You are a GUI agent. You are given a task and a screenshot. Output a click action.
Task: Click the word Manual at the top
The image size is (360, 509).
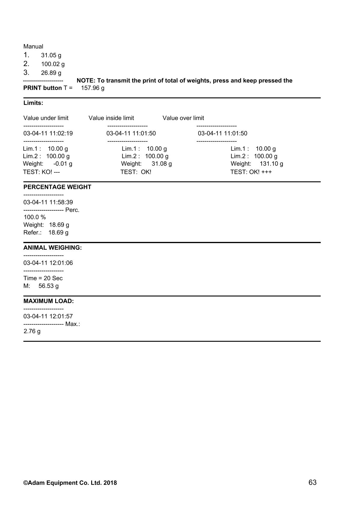pos(33,46)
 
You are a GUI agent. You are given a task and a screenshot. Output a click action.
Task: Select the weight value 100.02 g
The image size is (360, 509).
pos(53,64)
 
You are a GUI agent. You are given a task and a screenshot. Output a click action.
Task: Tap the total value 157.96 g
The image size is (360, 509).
pos(93,88)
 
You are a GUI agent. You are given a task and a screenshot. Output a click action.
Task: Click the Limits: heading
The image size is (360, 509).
pos(33,103)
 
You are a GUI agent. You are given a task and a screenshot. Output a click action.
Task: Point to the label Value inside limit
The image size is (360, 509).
pos(111,118)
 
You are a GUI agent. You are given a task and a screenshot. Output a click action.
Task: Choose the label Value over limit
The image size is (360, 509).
pos(183,118)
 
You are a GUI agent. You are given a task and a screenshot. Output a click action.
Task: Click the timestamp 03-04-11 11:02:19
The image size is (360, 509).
pos(48,133)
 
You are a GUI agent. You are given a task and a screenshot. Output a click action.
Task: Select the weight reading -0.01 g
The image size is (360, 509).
pos(63,164)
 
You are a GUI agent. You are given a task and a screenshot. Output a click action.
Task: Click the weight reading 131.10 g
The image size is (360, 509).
pos(271,164)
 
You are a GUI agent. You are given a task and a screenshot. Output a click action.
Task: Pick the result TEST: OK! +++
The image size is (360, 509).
pos(251,172)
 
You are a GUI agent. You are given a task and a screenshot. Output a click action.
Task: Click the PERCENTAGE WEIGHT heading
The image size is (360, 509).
pos(57,187)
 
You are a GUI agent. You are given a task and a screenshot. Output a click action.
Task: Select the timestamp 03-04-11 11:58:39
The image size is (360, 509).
pos(48,202)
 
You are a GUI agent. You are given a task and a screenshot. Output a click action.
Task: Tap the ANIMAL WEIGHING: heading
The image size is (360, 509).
pos(52,248)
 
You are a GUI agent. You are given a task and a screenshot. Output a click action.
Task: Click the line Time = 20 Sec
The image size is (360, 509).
pos(43,278)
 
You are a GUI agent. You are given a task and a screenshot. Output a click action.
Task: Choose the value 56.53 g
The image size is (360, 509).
pos(49,286)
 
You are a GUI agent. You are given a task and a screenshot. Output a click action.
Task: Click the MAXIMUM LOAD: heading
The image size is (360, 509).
pos(49,301)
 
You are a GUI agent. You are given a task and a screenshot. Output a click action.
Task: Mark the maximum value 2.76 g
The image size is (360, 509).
pos(32,332)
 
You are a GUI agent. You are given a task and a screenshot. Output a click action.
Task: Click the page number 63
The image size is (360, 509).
pos(312,482)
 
